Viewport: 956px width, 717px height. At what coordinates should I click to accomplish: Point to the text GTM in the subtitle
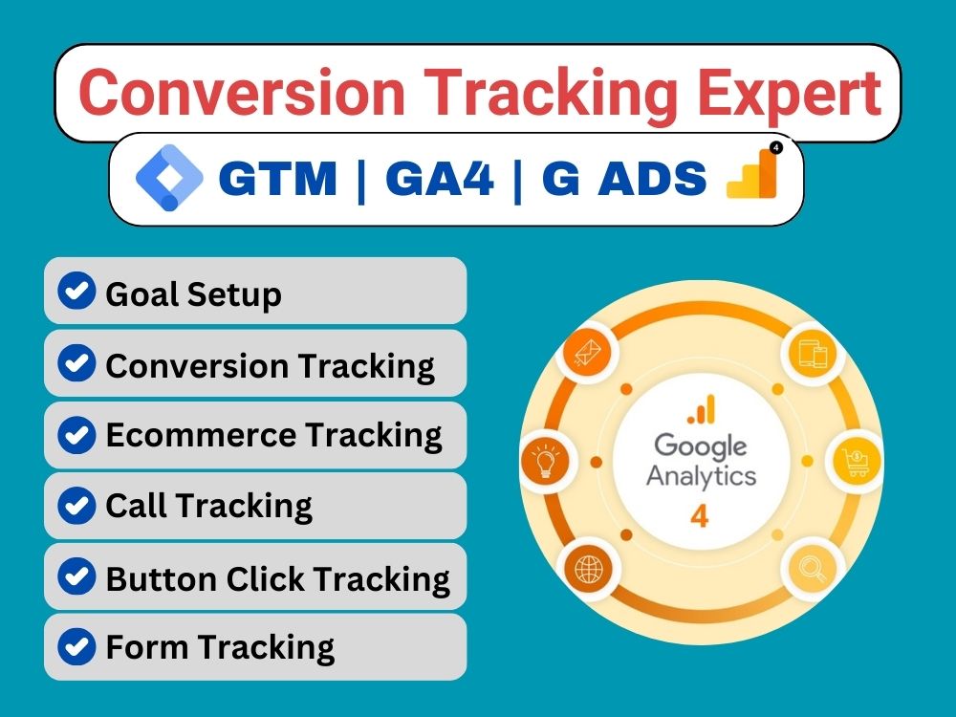tap(278, 179)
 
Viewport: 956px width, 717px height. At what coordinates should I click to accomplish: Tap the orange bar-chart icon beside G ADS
tap(754, 173)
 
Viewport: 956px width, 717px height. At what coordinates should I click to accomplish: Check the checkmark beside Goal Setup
tap(77, 292)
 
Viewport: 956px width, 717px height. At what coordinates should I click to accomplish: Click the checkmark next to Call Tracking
tap(77, 504)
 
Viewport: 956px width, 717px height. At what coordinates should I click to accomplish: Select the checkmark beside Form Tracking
tap(77, 646)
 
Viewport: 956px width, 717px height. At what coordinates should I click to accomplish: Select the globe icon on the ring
tap(586, 571)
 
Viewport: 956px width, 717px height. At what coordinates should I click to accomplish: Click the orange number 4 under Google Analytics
tap(701, 517)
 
